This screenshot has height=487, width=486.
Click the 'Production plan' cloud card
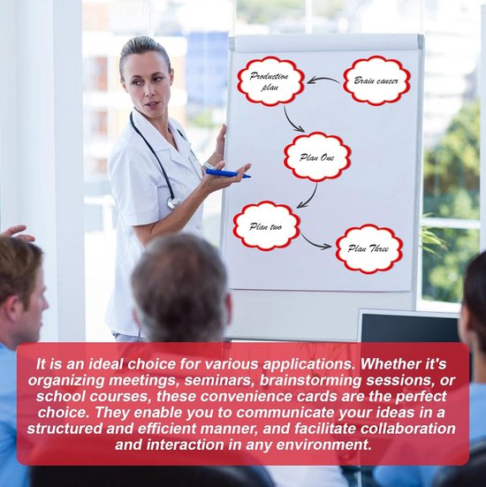coord(270,81)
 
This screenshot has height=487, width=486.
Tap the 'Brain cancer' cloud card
coord(376,80)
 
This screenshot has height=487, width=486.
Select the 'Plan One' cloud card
coord(317,157)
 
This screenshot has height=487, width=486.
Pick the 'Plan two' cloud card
coord(267,226)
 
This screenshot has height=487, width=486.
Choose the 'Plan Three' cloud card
coord(369,248)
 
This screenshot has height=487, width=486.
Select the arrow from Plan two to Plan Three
coord(314,243)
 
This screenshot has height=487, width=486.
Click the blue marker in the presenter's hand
coord(228,173)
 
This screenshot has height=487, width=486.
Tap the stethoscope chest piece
coord(173,202)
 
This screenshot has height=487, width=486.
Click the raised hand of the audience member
coord(17,233)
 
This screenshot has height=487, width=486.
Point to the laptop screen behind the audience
coord(409,327)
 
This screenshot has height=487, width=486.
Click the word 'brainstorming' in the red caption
coord(310,380)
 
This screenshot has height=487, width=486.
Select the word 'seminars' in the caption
coord(221,381)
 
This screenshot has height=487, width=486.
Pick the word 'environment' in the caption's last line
coord(323,445)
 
